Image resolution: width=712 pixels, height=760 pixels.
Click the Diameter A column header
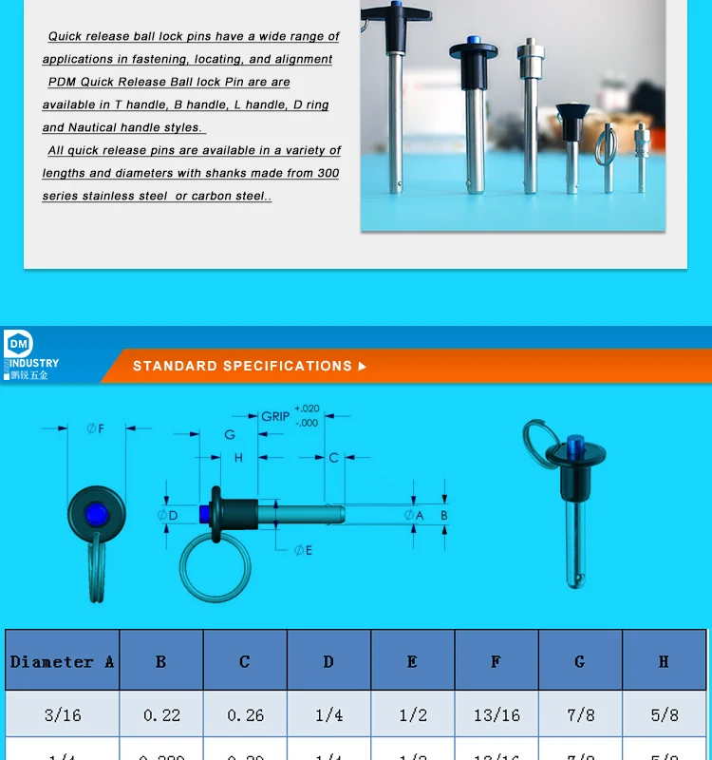click(62, 661)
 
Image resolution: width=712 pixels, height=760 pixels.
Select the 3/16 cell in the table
click(62, 714)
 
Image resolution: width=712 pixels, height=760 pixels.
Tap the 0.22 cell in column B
click(161, 714)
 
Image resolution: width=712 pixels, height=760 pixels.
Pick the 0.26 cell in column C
click(245, 714)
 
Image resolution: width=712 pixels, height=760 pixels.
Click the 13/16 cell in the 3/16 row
click(497, 714)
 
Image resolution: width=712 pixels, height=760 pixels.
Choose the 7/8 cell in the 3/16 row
click(580, 714)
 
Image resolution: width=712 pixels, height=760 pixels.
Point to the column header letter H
click(664, 661)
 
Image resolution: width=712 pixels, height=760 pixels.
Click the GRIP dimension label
click(275, 416)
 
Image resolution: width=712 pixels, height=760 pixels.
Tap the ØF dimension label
click(95, 429)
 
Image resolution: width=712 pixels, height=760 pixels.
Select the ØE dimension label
click(303, 550)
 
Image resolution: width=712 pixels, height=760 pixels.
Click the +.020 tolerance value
click(307, 408)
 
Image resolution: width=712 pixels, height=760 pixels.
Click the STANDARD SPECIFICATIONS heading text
click(242, 366)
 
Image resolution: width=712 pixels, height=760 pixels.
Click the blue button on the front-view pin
click(95, 514)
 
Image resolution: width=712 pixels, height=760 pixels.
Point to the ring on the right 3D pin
click(540, 445)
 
